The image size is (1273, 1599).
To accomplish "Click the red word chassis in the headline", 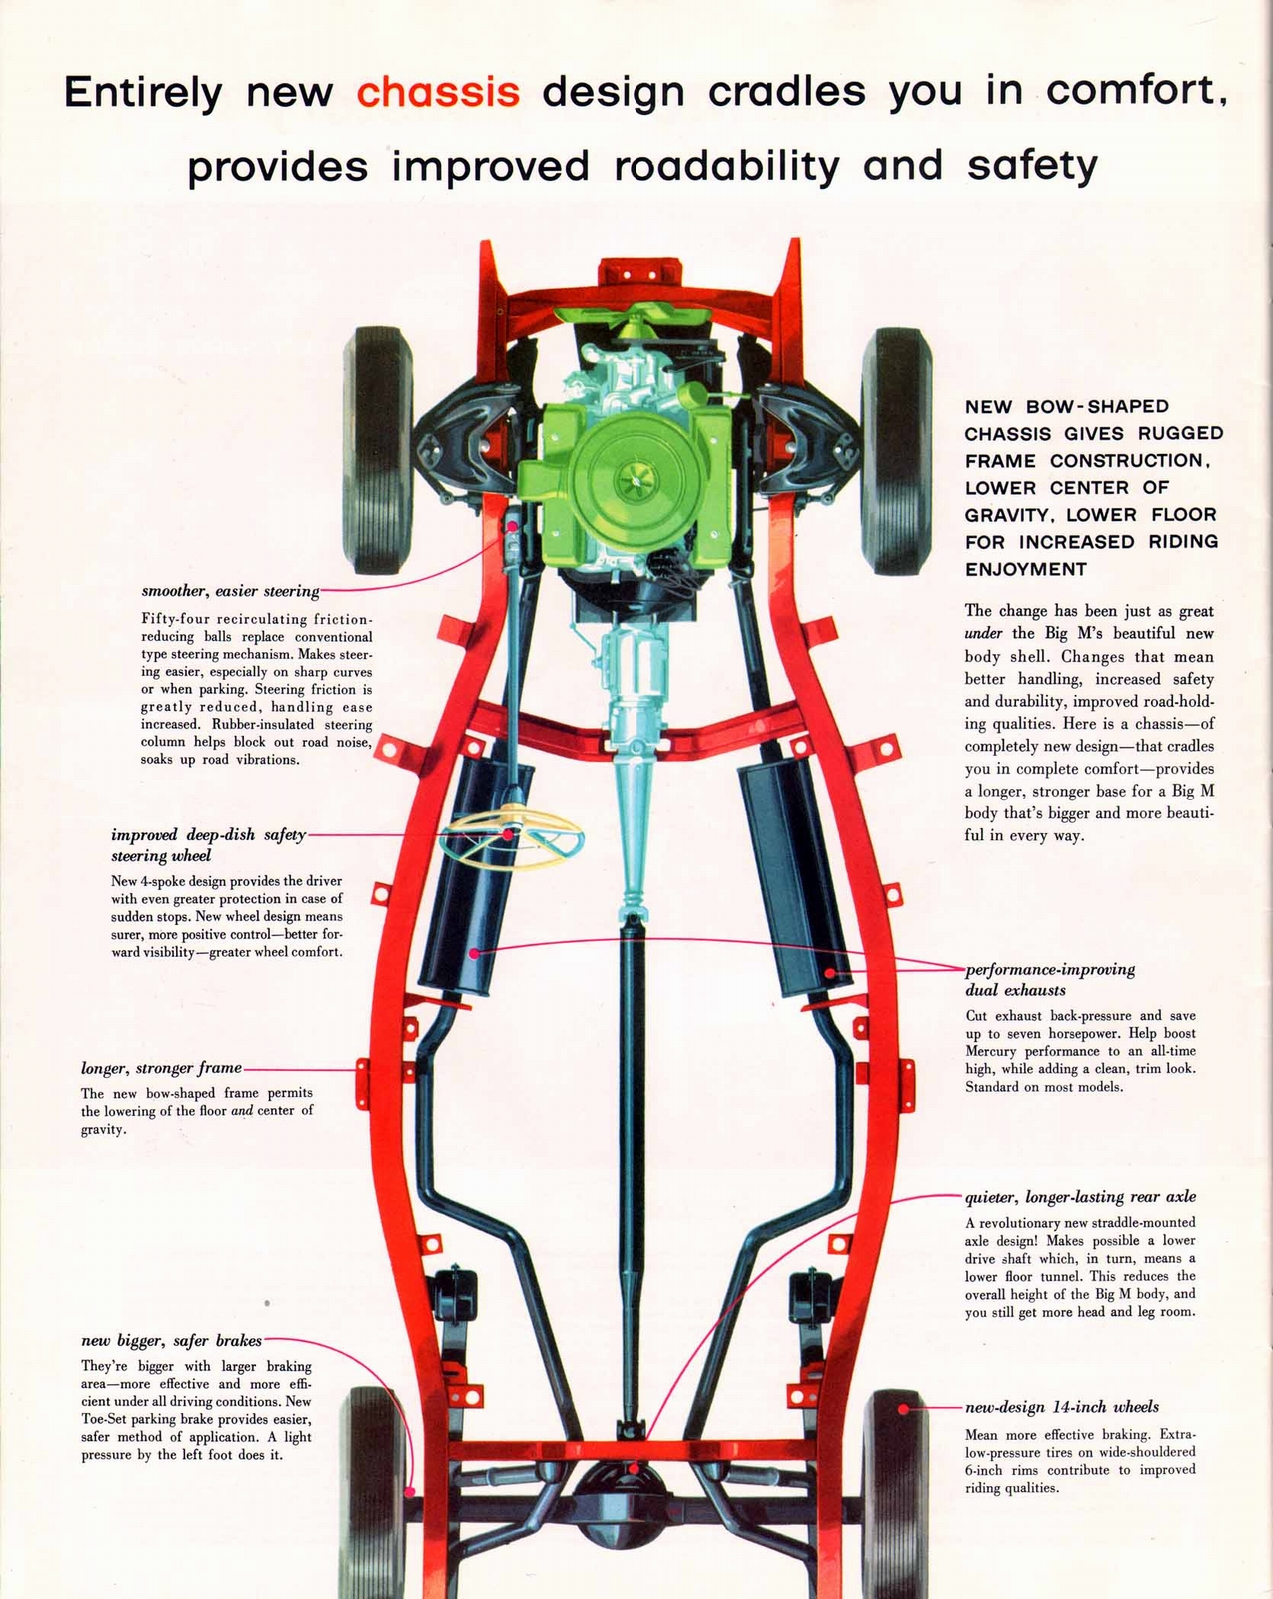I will coord(438,92).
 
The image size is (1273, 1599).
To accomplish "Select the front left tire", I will coord(378,449).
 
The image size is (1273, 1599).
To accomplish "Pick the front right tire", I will coord(896,449).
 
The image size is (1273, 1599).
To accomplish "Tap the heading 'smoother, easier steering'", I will coord(230,591).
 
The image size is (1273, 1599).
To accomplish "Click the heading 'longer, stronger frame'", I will coord(161,1068).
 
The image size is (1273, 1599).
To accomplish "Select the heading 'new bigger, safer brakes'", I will coord(171,1341).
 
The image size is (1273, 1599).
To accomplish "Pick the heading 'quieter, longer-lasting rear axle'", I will coord(1080,1197).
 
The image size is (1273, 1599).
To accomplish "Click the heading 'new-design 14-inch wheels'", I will coord(1062,1407).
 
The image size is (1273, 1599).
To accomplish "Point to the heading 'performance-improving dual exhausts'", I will coord(1049,980).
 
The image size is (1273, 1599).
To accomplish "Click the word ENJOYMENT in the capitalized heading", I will coord(1025,569).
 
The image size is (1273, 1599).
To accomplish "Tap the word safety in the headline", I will coord(1032,166).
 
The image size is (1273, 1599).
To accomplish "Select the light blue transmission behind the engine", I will coord(636,700).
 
